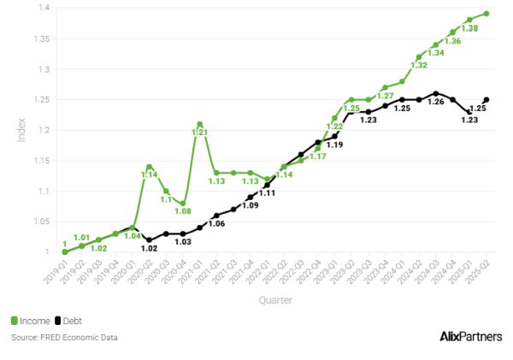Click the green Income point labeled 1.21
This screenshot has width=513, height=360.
(x=199, y=124)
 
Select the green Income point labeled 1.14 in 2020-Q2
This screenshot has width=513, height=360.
(x=149, y=167)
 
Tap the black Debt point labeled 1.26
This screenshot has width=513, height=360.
(x=436, y=93)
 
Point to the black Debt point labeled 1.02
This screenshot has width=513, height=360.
(x=149, y=239)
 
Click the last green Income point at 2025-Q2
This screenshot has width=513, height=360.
(x=486, y=14)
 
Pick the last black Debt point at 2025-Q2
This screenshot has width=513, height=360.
(x=486, y=99)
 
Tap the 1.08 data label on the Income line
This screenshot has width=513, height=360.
(x=182, y=212)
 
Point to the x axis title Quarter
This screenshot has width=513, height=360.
(x=277, y=300)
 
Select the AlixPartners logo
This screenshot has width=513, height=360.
(x=469, y=336)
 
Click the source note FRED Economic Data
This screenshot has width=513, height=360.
(x=64, y=338)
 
